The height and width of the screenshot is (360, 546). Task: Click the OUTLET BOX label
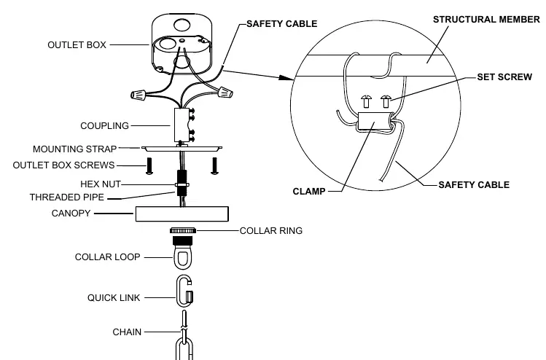[x=77, y=45]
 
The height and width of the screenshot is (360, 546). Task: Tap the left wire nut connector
[x=139, y=94]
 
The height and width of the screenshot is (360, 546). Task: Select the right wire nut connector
[x=225, y=93]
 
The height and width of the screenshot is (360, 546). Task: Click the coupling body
[x=182, y=125]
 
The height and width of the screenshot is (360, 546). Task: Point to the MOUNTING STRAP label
[x=74, y=149]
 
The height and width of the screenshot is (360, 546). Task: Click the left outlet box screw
[x=149, y=166]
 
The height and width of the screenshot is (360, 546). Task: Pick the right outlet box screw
[x=214, y=166]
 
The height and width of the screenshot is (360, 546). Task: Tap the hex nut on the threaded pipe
[x=182, y=184]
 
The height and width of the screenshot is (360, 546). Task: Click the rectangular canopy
[x=182, y=214]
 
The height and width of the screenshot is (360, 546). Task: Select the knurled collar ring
[x=183, y=230]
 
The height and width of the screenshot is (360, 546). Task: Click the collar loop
[x=183, y=258]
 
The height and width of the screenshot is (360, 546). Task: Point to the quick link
[x=184, y=291]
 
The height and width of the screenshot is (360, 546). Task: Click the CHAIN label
[x=127, y=332]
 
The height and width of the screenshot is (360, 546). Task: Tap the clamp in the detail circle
[x=374, y=121]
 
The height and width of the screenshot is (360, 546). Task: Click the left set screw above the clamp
[x=366, y=101]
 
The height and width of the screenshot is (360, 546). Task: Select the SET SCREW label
[x=504, y=77]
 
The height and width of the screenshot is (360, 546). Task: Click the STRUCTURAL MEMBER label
[x=486, y=20]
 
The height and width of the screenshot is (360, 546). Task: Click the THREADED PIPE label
[x=67, y=197]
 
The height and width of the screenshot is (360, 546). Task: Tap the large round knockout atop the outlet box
[x=182, y=25]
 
